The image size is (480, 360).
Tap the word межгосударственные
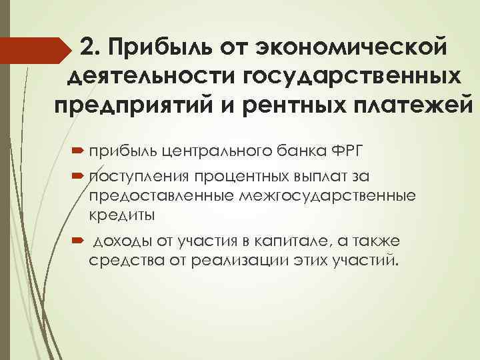tap(337, 197)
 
